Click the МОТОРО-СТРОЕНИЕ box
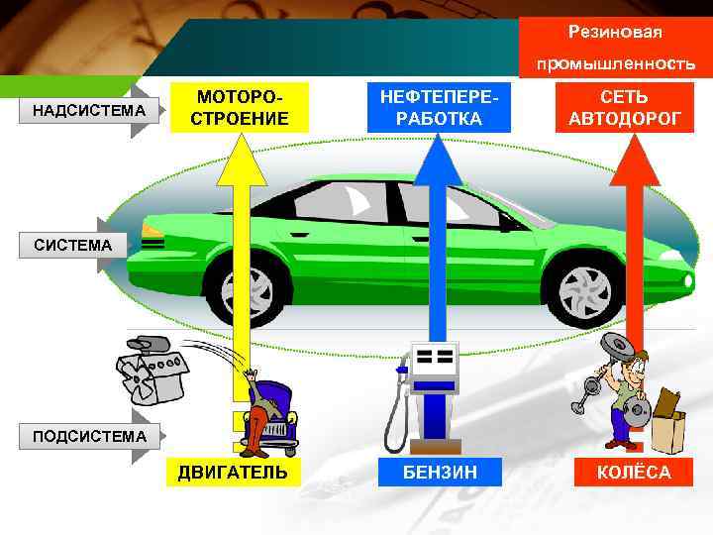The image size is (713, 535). point(239,108)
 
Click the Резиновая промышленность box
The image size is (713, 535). point(614,47)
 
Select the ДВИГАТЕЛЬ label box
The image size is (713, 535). point(233,472)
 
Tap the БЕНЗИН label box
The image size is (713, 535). point(439,472)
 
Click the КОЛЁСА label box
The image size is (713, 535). point(633,472)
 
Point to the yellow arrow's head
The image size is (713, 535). point(240,159)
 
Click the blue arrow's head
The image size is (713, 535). point(437,159)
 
